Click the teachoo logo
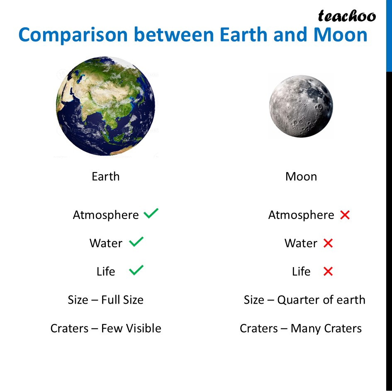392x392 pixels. pyautogui.click(x=347, y=16)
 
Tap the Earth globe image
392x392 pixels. pyautogui.click(x=105, y=107)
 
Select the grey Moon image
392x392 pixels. pyautogui.click(x=301, y=106)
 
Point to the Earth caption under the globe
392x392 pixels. pyautogui.click(x=105, y=176)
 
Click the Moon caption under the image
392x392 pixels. pyautogui.click(x=301, y=176)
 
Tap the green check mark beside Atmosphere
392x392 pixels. pyautogui.click(x=151, y=214)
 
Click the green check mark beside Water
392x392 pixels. pyautogui.click(x=136, y=242)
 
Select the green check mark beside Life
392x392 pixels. pyautogui.click(x=136, y=270)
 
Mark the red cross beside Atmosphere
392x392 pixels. pyautogui.click(x=345, y=215)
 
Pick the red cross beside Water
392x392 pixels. pyautogui.click(x=328, y=243)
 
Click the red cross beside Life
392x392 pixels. pyautogui.click(x=328, y=271)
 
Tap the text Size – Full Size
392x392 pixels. pyautogui.click(x=105, y=299)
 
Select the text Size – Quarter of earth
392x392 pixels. pyautogui.click(x=304, y=299)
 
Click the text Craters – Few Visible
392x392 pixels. pyautogui.click(x=106, y=328)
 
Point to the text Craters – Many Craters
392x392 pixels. pyautogui.click(x=301, y=328)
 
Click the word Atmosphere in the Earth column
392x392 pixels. pyautogui.click(x=106, y=215)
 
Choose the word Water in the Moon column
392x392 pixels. pyautogui.click(x=301, y=243)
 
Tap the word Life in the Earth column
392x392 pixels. pyautogui.click(x=105, y=271)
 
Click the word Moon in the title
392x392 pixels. pyautogui.click(x=340, y=35)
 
